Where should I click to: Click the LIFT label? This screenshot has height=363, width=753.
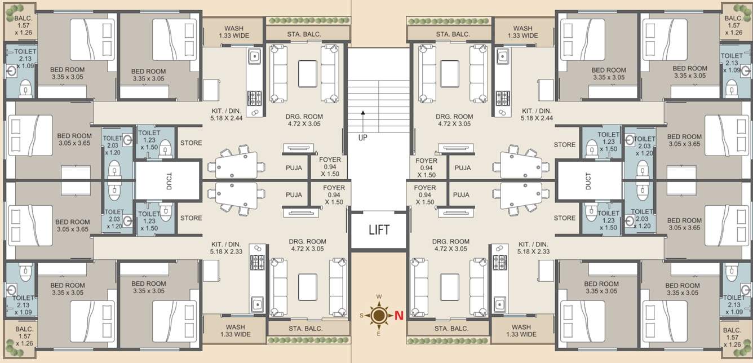[379, 230]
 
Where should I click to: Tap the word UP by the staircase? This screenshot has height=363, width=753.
[362, 137]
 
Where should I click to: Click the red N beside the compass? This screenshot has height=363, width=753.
[398, 316]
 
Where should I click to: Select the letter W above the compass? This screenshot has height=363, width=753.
[379, 296]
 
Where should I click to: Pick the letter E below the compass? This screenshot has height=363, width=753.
[379, 334]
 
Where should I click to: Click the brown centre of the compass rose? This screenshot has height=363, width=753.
[379, 315]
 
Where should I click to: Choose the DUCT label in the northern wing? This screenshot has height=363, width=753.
[588, 180]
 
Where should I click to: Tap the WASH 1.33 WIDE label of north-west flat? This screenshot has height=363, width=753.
[522, 32]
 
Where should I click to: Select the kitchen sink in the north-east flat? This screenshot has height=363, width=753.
[499, 304]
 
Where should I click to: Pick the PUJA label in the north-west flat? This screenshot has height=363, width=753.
[462, 168]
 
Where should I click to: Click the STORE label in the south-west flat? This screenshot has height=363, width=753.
[191, 143]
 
